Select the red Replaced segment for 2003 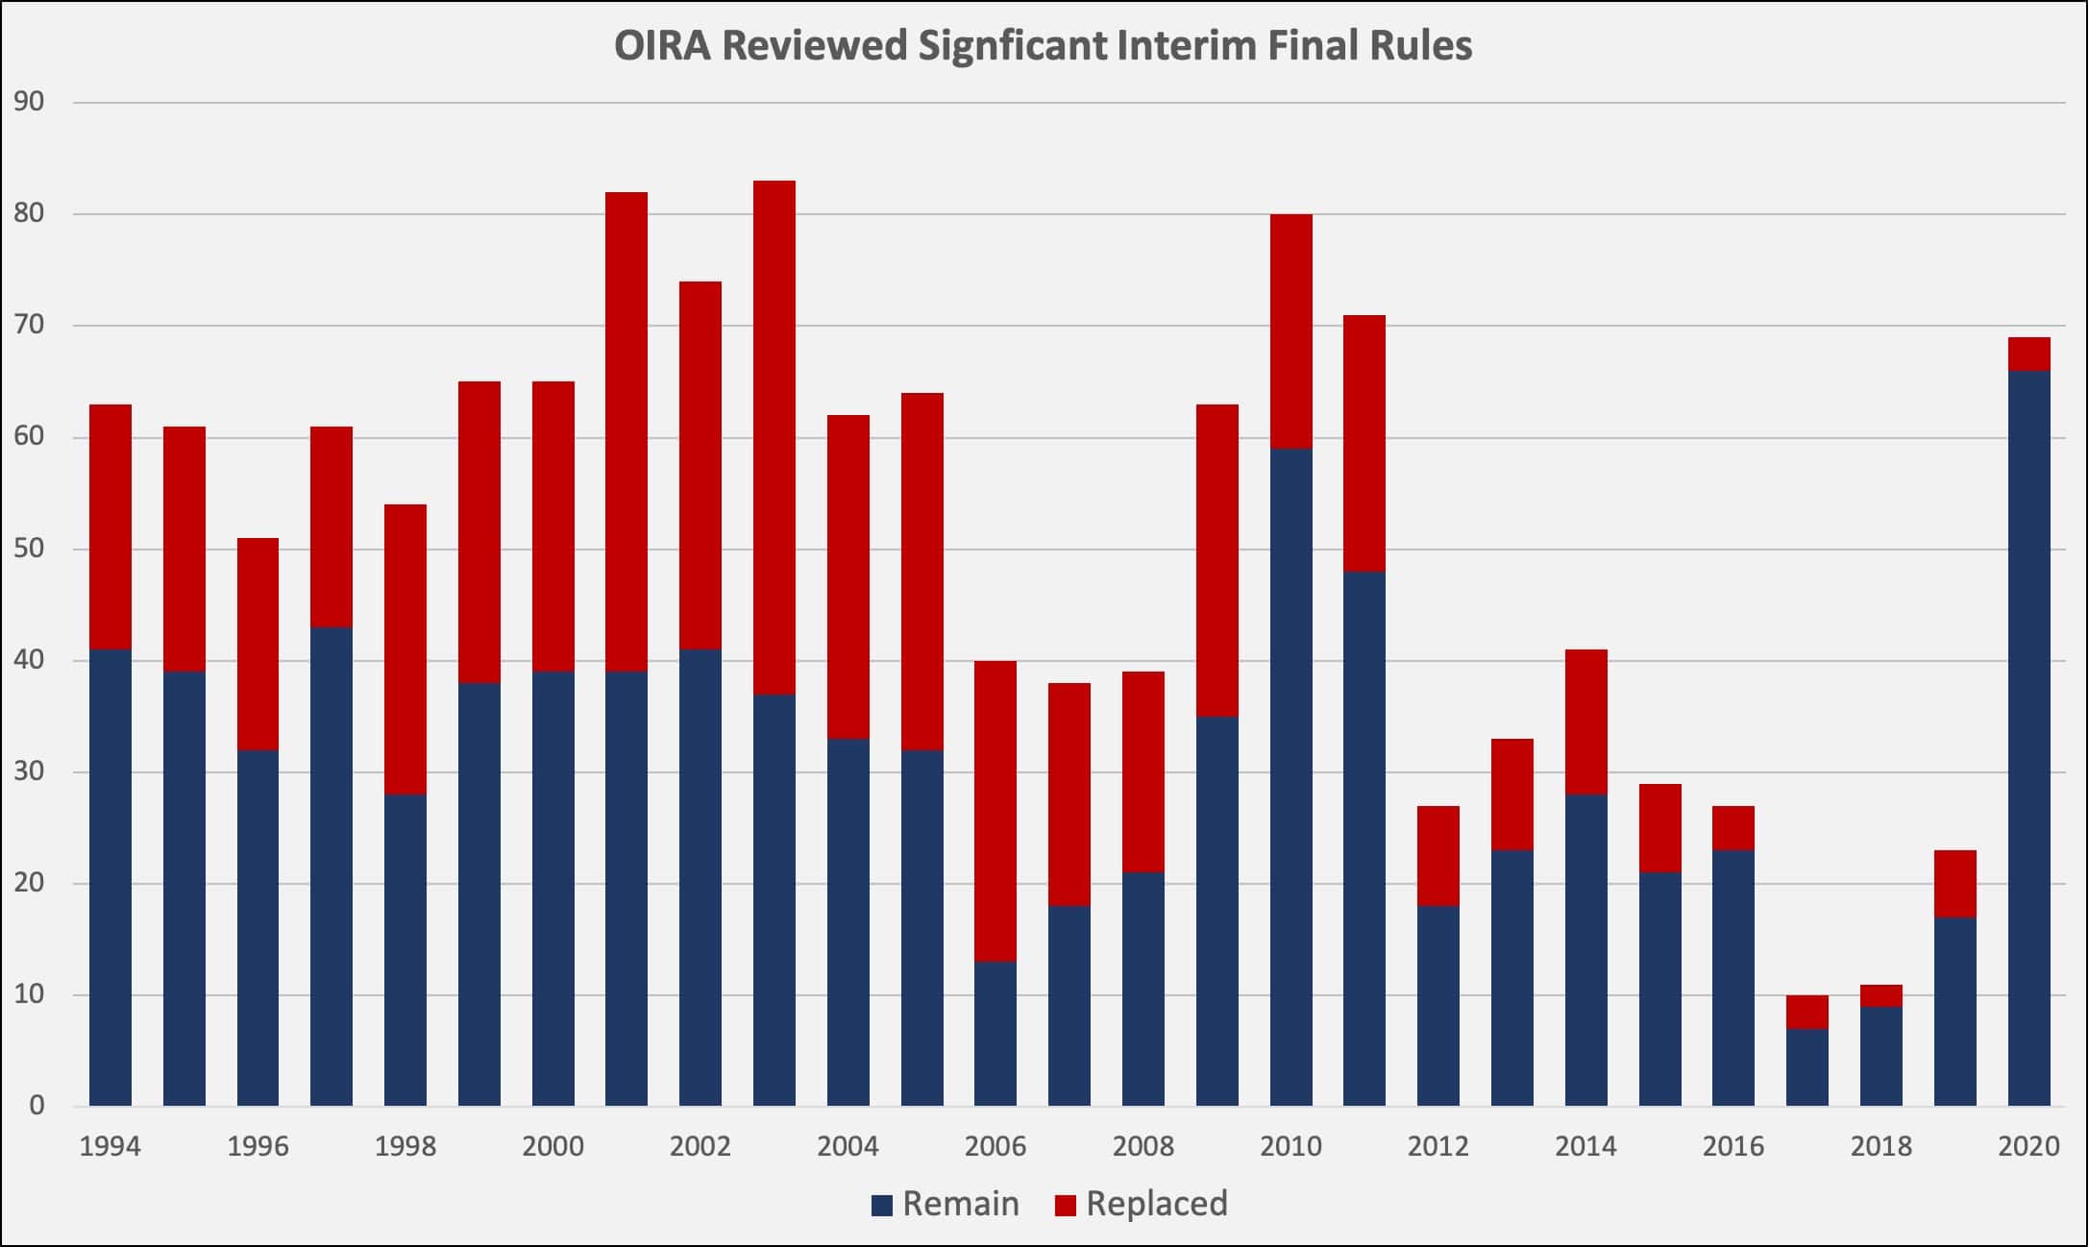pyautogui.click(x=774, y=437)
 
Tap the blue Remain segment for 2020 pyautogui.click(x=2028, y=738)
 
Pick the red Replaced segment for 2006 pyautogui.click(x=995, y=811)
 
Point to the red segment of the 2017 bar pyautogui.click(x=1806, y=1013)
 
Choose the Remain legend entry pyautogui.click(x=946, y=1204)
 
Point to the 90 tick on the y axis pyautogui.click(x=30, y=102)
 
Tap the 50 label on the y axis pyautogui.click(x=30, y=549)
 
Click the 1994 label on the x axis pyautogui.click(x=110, y=1146)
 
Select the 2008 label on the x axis pyautogui.click(x=1143, y=1146)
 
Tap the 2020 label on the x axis pyautogui.click(x=2028, y=1146)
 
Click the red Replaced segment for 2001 pyautogui.click(x=626, y=431)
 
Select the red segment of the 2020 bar pyautogui.click(x=2028, y=355)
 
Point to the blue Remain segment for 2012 pyautogui.click(x=1438, y=1005)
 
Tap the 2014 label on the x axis pyautogui.click(x=1585, y=1146)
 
